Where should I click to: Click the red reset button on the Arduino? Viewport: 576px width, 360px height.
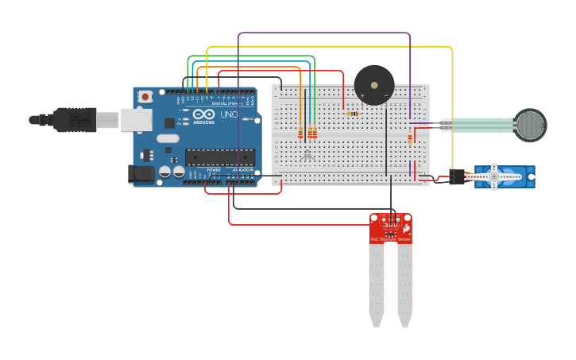[x=145, y=97]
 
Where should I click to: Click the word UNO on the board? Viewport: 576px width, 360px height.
[x=229, y=115]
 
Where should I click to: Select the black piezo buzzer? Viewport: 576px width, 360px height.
[x=374, y=85]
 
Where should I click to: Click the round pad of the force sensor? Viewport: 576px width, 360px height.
[x=530, y=125]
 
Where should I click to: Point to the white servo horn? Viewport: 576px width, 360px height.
[x=493, y=177]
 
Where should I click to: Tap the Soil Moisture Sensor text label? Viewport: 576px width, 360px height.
[x=391, y=238]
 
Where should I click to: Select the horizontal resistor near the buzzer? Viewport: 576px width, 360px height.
[x=353, y=114]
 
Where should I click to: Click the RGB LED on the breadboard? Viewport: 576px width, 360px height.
[x=307, y=154]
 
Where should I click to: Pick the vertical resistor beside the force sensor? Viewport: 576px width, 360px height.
[x=410, y=137]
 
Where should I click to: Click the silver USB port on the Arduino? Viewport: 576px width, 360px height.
[x=136, y=120]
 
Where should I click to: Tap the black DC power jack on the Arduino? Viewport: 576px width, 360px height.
[x=141, y=174]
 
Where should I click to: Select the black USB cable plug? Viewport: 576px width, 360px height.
[x=76, y=120]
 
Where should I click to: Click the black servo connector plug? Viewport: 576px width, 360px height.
[x=457, y=177]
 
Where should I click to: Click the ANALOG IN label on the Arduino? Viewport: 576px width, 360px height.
[x=242, y=170]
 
